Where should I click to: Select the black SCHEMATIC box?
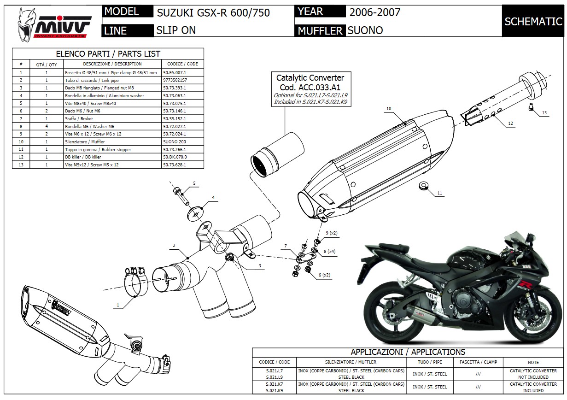point(533,21)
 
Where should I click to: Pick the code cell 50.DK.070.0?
point(175,157)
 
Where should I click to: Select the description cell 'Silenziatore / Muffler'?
point(112,141)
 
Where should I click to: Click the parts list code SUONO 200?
point(175,141)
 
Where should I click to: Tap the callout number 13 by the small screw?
point(544,112)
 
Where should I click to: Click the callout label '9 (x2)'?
point(331,233)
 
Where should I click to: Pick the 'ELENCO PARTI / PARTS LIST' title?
point(108,53)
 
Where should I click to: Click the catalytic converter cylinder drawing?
point(276,154)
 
